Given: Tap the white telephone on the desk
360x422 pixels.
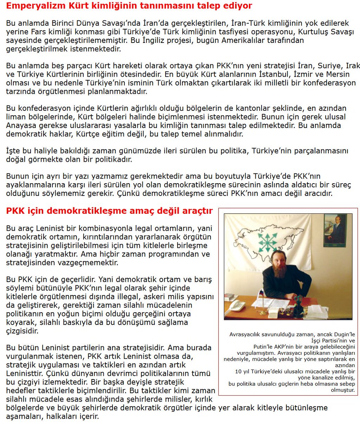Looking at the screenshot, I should (237, 305).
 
